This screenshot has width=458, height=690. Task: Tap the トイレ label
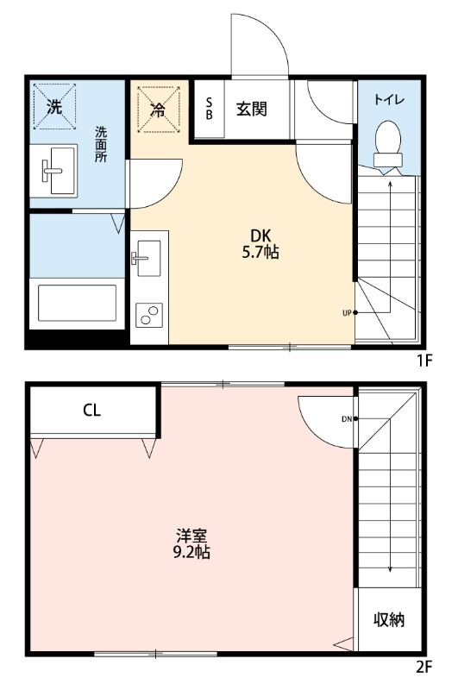click(x=390, y=100)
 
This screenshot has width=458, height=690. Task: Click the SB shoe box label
click(x=209, y=109)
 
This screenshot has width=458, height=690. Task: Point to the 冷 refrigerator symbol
click(x=158, y=110)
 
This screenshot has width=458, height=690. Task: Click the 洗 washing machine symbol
click(x=54, y=108)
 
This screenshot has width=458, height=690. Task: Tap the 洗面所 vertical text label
click(x=101, y=146)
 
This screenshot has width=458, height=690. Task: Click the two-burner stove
click(x=148, y=315)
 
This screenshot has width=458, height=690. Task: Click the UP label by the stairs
click(x=347, y=312)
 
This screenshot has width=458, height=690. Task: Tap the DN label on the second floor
click(x=346, y=419)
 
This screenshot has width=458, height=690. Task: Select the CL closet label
click(x=92, y=411)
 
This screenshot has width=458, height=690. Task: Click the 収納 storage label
click(x=389, y=620)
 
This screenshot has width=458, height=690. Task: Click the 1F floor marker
click(x=423, y=361)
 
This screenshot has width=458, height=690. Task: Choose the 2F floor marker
click(x=423, y=666)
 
